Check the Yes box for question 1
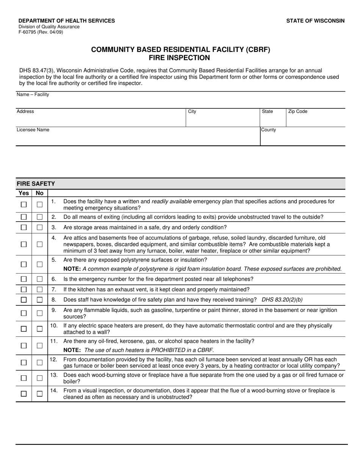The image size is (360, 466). click(23, 205)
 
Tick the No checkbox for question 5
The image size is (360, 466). click(39, 264)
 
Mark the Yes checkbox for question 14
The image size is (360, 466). click(23, 394)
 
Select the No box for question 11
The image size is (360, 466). click(39, 346)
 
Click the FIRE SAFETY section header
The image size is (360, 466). click(36, 184)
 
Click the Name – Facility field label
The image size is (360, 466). click(33, 94)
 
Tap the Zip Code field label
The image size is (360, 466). click(298, 111)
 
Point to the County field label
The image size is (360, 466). click(269, 130)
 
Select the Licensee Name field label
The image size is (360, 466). click(33, 130)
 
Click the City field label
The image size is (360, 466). click(192, 111)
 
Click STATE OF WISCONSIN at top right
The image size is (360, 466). click(315, 21)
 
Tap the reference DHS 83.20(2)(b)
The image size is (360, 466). click(282, 300)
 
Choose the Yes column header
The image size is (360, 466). click(23, 193)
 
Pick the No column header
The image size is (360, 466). click(39, 193)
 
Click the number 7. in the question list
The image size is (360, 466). click(54, 289)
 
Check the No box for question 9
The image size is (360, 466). click(39, 313)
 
